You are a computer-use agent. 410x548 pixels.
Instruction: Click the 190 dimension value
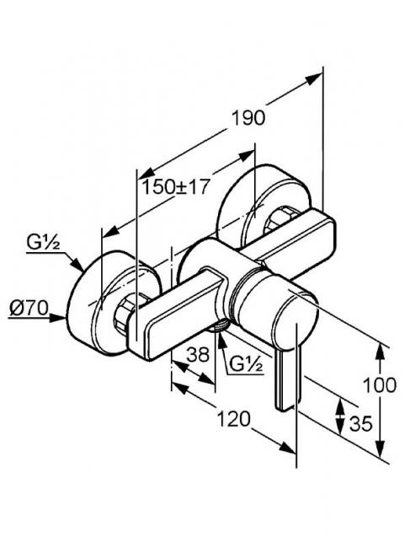[248, 118]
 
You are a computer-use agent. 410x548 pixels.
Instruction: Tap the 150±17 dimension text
[175, 186]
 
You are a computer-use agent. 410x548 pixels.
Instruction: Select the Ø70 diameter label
[29, 309]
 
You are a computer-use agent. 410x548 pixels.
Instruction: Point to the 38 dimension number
[198, 355]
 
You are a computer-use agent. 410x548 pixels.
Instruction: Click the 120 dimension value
[234, 419]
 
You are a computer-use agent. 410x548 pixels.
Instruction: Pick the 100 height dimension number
[380, 385]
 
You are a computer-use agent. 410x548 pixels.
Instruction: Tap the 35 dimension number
[361, 424]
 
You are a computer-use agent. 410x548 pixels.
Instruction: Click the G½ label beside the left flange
[43, 242]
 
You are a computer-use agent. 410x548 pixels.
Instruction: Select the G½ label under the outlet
[246, 364]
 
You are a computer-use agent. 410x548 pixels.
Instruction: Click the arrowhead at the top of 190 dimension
[313, 78]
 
